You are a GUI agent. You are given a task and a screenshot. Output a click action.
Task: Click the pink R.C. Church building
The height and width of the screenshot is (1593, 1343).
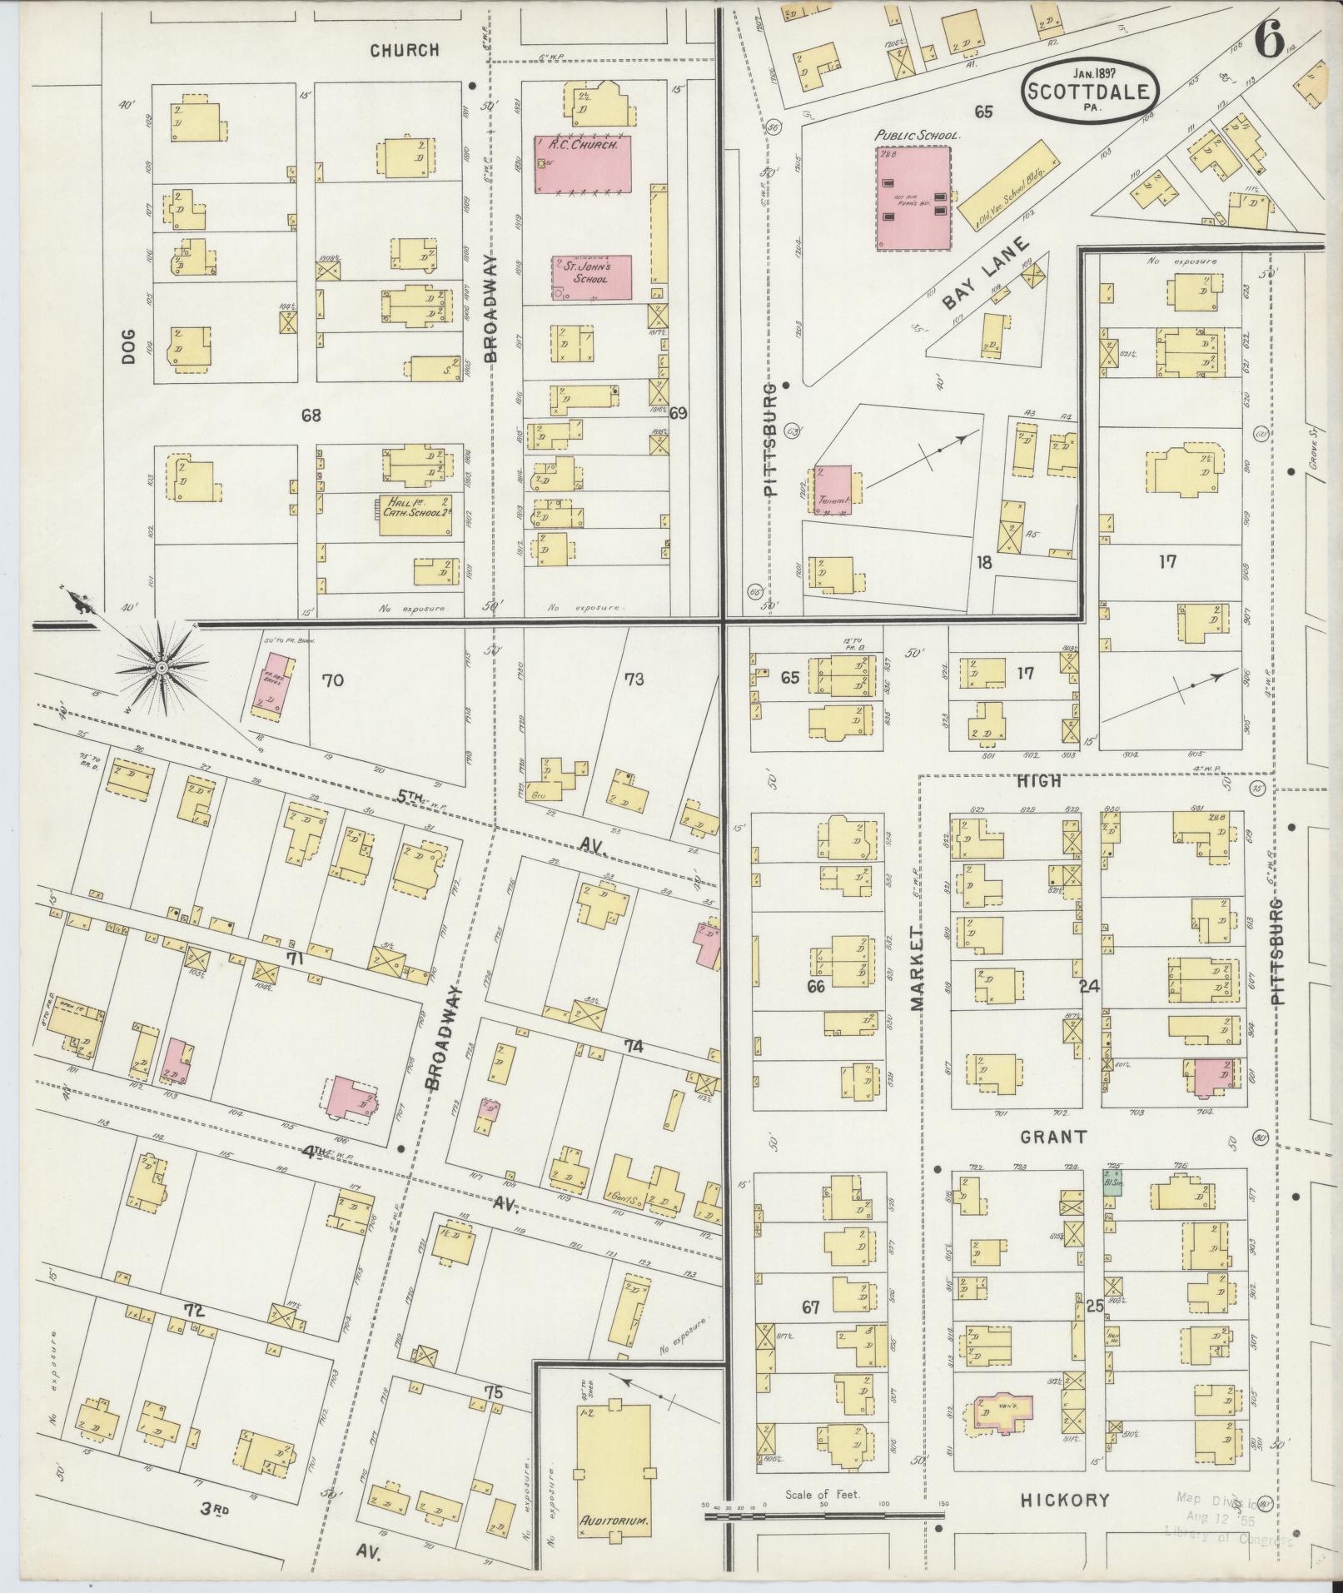tap(582, 164)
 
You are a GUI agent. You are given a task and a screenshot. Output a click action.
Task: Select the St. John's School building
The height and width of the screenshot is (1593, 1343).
tap(591, 276)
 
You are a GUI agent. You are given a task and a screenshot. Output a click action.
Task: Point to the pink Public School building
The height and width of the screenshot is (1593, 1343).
tap(913, 197)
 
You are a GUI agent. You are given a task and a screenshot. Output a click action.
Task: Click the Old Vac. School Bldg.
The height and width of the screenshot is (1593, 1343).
tap(1007, 185)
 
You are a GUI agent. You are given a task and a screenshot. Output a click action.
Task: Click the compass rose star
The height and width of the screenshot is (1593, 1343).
tap(162, 667)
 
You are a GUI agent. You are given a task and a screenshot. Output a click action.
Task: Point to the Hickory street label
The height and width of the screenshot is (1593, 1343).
tap(1065, 918)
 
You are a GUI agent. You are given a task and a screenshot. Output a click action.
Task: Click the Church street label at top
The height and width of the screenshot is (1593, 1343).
tap(404, 50)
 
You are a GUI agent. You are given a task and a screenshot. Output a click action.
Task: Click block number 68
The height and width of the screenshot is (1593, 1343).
tap(311, 414)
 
